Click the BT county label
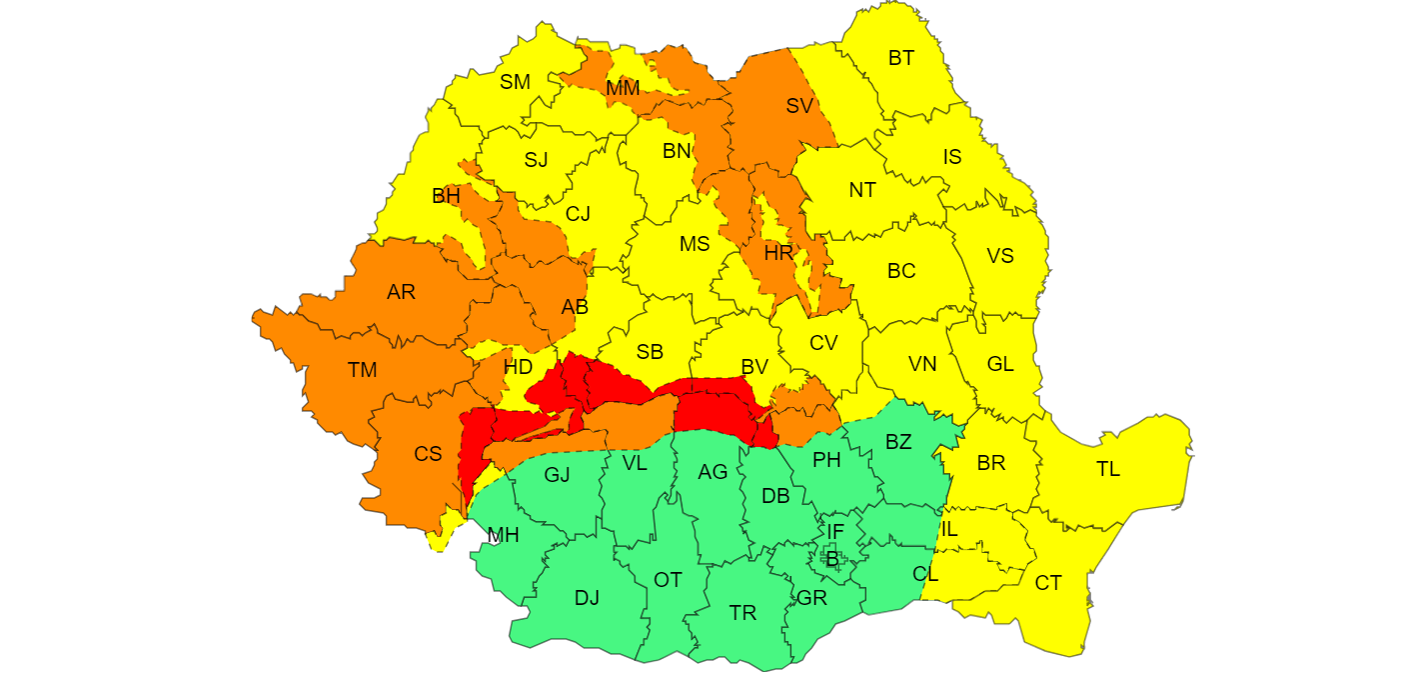(x=900, y=58)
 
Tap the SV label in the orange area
(x=798, y=106)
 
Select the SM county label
(x=515, y=82)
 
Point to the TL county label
(x=1107, y=469)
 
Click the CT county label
(x=1047, y=583)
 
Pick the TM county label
(x=362, y=370)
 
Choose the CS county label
(x=428, y=454)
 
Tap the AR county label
(x=401, y=292)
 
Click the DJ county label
(x=587, y=598)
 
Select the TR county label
(x=742, y=613)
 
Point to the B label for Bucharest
(x=831, y=558)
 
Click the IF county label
(x=834, y=531)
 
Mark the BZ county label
(x=898, y=442)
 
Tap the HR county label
(x=778, y=253)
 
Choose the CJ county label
(x=578, y=213)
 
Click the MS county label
(x=695, y=244)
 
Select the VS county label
(x=999, y=256)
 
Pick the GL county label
(x=999, y=364)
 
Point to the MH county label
(x=503, y=535)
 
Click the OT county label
(x=668, y=580)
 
